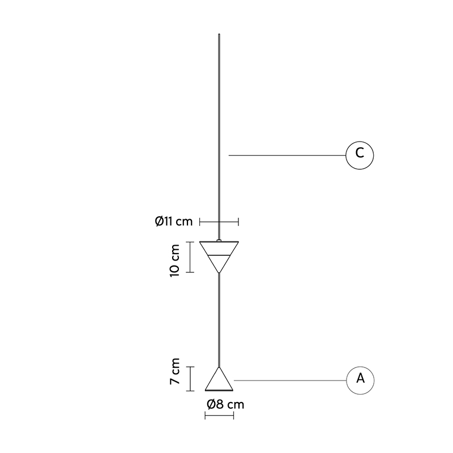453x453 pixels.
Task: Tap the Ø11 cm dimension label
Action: click(173, 221)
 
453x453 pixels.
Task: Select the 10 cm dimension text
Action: click(174, 260)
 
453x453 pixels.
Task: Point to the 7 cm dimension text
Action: click(174, 371)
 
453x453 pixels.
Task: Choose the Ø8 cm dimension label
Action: click(225, 404)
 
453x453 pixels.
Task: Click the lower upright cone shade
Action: click(219, 379)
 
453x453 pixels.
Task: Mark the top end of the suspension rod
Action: click(219, 35)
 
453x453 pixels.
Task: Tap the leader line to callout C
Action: click(287, 155)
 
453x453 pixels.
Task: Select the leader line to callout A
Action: click(290, 381)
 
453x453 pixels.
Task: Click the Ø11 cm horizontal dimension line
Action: click(219, 222)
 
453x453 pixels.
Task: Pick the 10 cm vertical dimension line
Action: click(190, 257)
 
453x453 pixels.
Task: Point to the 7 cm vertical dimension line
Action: click(190, 379)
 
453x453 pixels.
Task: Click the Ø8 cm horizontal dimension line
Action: click(219, 416)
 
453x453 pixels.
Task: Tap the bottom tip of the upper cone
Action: click(219, 273)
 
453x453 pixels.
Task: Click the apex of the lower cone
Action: click(219, 367)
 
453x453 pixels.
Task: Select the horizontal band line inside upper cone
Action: click(219, 255)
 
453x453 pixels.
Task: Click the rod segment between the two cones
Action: click(219, 320)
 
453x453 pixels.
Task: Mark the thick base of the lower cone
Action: click(219, 390)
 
